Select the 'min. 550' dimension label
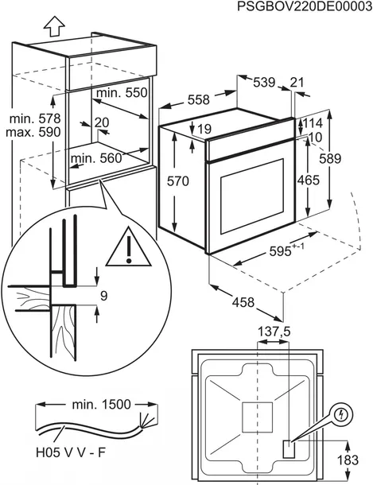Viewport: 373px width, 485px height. click(x=122, y=94)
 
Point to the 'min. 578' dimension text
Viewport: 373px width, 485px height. click(x=34, y=118)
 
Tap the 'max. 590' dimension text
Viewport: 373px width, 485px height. click(x=34, y=132)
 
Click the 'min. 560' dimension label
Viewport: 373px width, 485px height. click(x=96, y=158)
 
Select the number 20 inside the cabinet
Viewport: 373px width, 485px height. click(x=101, y=122)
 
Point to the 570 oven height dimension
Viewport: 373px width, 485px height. click(x=178, y=182)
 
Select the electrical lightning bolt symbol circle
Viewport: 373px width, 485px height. click(x=341, y=415)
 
